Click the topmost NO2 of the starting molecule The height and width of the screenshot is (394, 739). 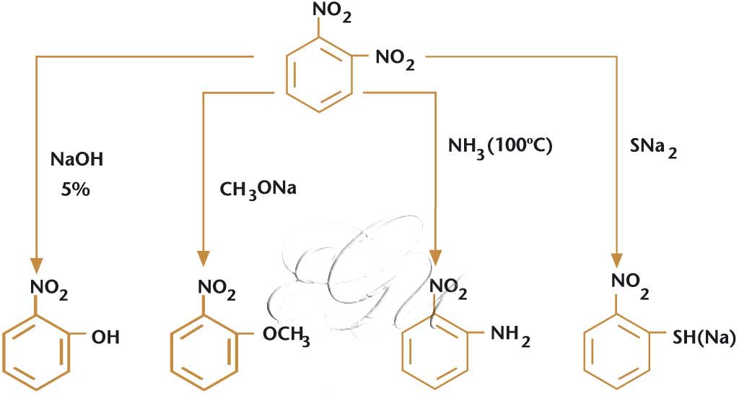coord(332,13)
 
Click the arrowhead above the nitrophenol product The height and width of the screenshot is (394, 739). coord(36,262)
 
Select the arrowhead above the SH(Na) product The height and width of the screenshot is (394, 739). coord(618,262)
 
